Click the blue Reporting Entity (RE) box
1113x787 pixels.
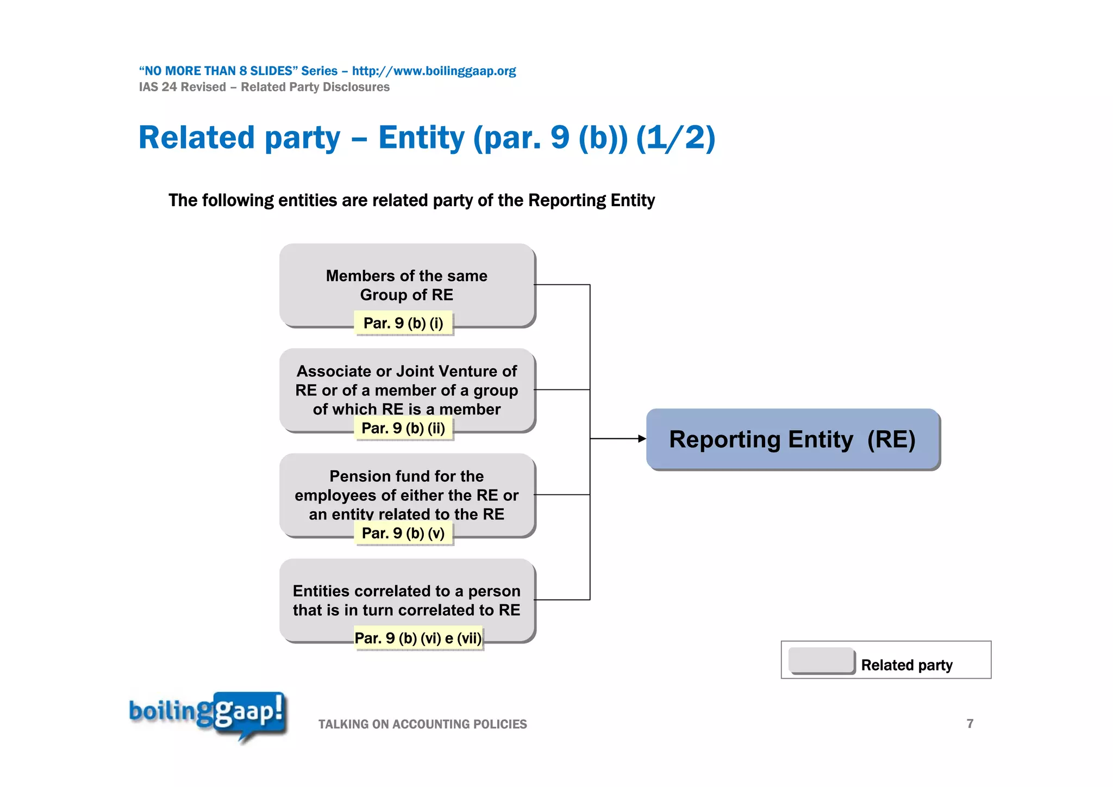[x=792, y=439]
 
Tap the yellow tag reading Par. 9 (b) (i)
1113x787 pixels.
[x=403, y=323]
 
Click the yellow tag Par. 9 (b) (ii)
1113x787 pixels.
[x=403, y=428]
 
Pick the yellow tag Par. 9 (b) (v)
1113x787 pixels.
[x=403, y=533]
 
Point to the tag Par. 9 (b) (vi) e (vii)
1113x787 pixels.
[x=418, y=638]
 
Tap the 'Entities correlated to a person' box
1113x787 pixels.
[x=407, y=600]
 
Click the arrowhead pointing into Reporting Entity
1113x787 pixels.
[x=642, y=438]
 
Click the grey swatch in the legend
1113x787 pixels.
[x=821, y=660]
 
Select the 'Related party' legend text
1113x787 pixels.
[x=906, y=665]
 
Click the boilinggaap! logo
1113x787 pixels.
[x=208, y=714]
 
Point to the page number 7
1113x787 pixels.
[x=970, y=723]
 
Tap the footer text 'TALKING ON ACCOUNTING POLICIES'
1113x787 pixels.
[x=422, y=724]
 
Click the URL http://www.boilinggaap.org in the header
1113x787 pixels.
[x=434, y=71]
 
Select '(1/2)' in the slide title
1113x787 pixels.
[x=676, y=137]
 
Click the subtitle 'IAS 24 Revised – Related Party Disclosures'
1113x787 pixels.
[x=264, y=87]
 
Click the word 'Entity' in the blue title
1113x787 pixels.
[x=421, y=137]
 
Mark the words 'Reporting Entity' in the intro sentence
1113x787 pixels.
[x=591, y=200]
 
